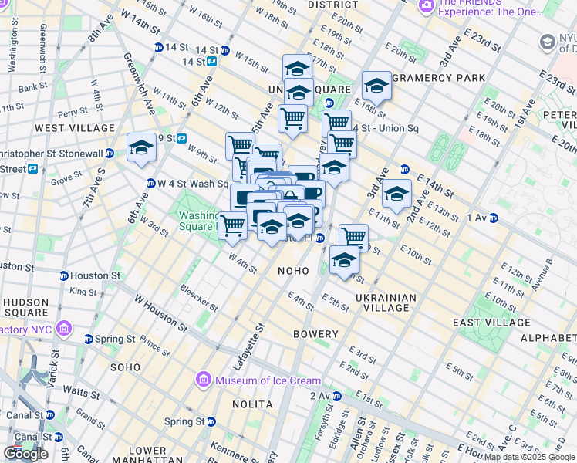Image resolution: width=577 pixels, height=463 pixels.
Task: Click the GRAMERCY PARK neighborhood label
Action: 439,78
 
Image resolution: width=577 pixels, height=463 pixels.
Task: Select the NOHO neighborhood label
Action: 293,271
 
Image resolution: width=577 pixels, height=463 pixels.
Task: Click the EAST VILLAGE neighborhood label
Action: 491,323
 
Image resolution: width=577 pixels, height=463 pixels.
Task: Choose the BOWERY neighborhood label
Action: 315,334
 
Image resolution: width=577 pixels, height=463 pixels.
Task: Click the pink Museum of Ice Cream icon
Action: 204,380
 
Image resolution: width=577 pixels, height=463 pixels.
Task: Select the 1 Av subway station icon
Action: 493,218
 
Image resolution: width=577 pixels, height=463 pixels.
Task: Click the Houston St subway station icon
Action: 65,275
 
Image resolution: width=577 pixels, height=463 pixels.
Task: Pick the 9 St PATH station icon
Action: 182,139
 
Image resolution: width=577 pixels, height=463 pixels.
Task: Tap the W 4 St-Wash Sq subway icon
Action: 151,184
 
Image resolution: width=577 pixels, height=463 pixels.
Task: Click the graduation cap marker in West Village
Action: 141,148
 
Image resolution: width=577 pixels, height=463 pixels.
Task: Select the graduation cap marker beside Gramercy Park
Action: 376,86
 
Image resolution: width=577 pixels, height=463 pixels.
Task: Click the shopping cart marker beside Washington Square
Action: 232,225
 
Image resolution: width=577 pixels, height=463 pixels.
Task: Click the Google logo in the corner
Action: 26,454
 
